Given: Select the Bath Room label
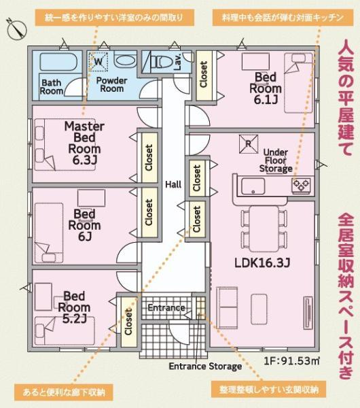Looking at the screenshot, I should (x=52, y=87).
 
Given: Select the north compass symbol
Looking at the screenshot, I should (x=15, y=28).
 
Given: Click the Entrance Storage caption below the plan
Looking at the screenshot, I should (x=205, y=367).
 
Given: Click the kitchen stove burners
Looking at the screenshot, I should (x=301, y=184).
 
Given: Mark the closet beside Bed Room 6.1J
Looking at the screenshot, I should (x=203, y=76).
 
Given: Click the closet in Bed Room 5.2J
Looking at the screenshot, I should (x=128, y=316).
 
